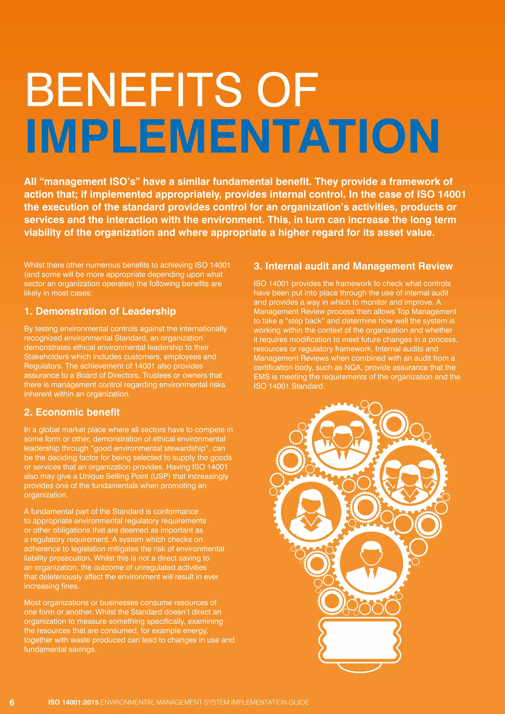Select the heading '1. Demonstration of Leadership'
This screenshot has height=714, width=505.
(x=100, y=311)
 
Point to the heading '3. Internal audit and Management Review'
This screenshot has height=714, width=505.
(x=353, y=266)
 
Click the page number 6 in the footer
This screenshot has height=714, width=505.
(x=12, y=702)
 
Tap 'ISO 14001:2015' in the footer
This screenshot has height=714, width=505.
(x=73, y=702)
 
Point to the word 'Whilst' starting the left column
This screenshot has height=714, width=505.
(x=34, y=265)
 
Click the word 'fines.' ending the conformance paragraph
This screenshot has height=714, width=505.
(x=69, y=586)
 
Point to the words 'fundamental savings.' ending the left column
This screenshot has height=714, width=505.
(x=60, y=649)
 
